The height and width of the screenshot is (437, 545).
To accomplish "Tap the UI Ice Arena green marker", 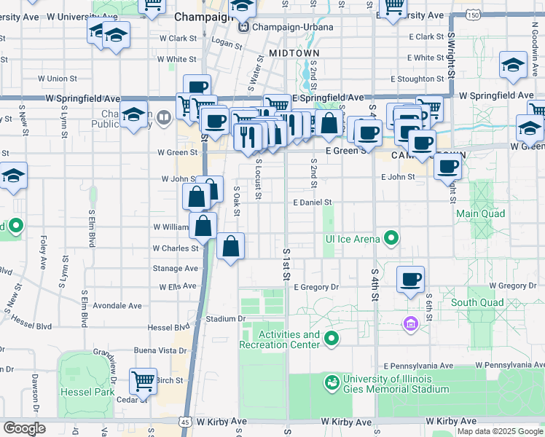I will point(391,238).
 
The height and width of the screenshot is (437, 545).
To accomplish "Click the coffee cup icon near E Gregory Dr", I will point(411,279).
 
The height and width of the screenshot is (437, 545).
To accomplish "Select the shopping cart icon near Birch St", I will point(144,380).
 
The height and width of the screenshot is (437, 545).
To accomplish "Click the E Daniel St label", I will point(313,202).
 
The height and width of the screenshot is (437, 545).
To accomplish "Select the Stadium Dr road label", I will point(224,318).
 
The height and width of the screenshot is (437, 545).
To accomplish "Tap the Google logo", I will point(24,428).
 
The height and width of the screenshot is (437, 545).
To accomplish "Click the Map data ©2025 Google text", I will point(500,431).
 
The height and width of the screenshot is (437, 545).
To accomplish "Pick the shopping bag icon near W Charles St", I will point(230,248).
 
